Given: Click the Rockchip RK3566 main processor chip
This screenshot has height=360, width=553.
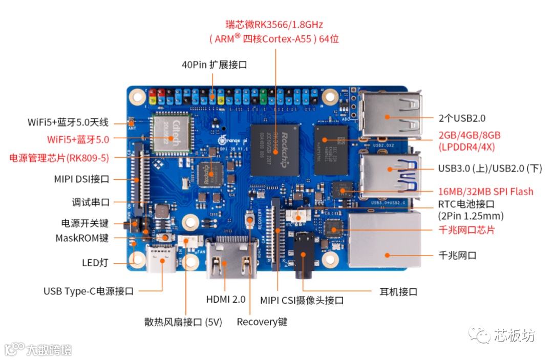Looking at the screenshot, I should click(x=275, y=150).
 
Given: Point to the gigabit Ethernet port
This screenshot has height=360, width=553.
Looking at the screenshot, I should click(x=385, y=241).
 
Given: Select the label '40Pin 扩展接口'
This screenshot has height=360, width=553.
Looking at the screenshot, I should click(x=215, y=65).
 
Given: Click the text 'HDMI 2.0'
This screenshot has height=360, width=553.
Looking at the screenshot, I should click(x=226, y=299).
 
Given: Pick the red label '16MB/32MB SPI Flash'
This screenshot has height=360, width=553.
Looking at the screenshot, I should click(x=485, y=192).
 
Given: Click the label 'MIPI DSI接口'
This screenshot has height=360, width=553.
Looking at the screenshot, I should click(x=82, y=179).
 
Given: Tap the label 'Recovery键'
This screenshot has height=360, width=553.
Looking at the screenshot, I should click(x=262, y=322).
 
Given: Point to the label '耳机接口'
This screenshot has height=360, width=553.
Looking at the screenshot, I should click(x=398, y=292).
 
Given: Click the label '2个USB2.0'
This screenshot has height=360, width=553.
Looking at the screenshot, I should click(x=461, y=118).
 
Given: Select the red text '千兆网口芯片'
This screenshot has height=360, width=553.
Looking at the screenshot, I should click(x=466, y=230).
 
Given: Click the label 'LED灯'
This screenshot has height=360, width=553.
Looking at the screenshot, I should click(x=95, y=263).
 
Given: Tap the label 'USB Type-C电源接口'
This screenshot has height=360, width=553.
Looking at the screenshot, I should click(x=89, y=291).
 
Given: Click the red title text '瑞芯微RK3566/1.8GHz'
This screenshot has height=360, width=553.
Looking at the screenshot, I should click(x=274, y=24).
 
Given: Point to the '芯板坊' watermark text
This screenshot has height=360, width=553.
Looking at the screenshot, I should click(x=515, y=335).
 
